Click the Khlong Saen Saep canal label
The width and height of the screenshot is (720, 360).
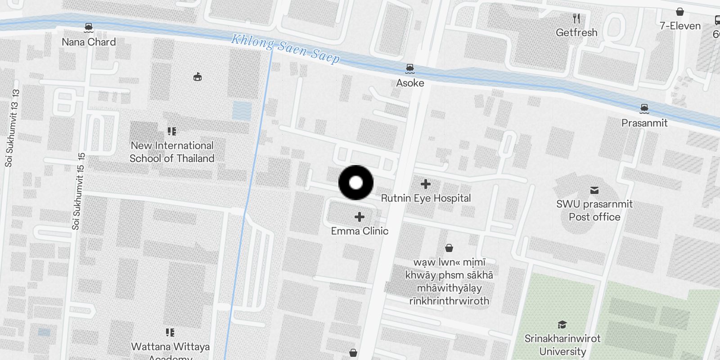tap(285, 49)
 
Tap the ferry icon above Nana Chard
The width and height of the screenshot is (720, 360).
tap(89, 28)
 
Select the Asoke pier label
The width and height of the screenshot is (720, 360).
tap(410, 83)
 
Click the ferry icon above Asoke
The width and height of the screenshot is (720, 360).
tap(409, 68)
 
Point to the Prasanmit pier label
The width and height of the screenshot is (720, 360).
tap(644, 123)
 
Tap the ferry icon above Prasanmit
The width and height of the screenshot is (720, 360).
tap(644, 108)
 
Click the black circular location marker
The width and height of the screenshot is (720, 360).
tap(356, 183)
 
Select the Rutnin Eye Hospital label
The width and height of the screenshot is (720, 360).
tap(426, 198)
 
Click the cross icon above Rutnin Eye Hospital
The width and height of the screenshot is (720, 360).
tap(425, 184)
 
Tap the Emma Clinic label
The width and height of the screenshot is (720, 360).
tap(360, 231)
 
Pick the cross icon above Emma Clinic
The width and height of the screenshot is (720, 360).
tap(359, 217)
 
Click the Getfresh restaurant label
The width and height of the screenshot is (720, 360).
tap(576, 32)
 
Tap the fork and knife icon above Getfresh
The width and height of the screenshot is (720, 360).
tap(576, 18)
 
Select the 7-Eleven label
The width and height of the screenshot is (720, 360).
tap(680, 26)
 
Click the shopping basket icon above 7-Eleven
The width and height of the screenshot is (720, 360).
tap(680, 12)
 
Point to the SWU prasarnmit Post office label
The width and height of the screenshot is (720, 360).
tap(594, 210)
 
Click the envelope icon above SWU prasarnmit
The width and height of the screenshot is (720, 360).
tap(594, 190)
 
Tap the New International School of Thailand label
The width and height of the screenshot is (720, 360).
tap(172, 152)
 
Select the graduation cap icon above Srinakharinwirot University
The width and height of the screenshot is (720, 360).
tap(562, 324)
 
